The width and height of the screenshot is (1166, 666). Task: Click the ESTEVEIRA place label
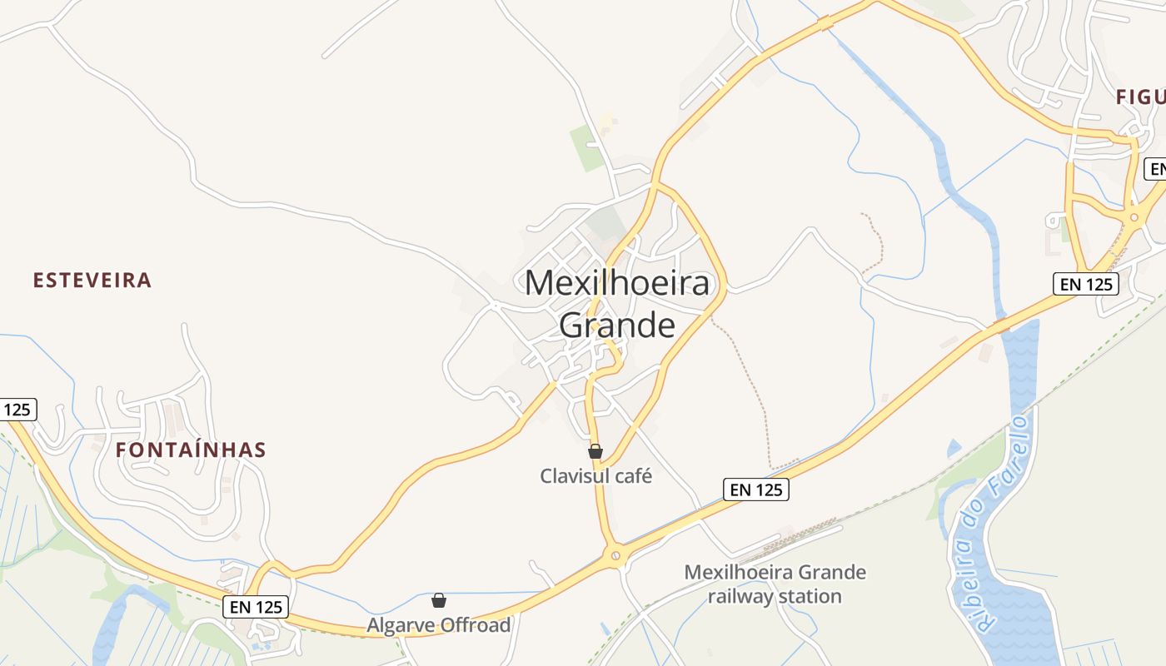pos(92,281)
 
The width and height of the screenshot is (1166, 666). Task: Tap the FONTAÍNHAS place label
pos(191,450)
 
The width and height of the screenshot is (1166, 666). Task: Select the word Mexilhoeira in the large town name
pos(617,283)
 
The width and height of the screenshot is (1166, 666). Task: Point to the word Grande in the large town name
pos(617,325)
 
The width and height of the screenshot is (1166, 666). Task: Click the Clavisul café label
pos(595,476)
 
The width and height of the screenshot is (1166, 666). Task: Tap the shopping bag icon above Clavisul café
pos(595,452)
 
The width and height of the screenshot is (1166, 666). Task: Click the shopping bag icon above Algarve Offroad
pos(439,600)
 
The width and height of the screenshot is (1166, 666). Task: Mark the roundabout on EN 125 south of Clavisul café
pos(615,554)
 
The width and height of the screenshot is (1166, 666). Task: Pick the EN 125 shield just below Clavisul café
pos(755,490)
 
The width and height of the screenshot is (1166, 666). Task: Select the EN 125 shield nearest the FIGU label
pos(1086,284)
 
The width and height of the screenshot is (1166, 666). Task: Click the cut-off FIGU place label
pos(1140,97)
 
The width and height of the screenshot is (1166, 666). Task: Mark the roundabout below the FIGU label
pos(1134,217)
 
